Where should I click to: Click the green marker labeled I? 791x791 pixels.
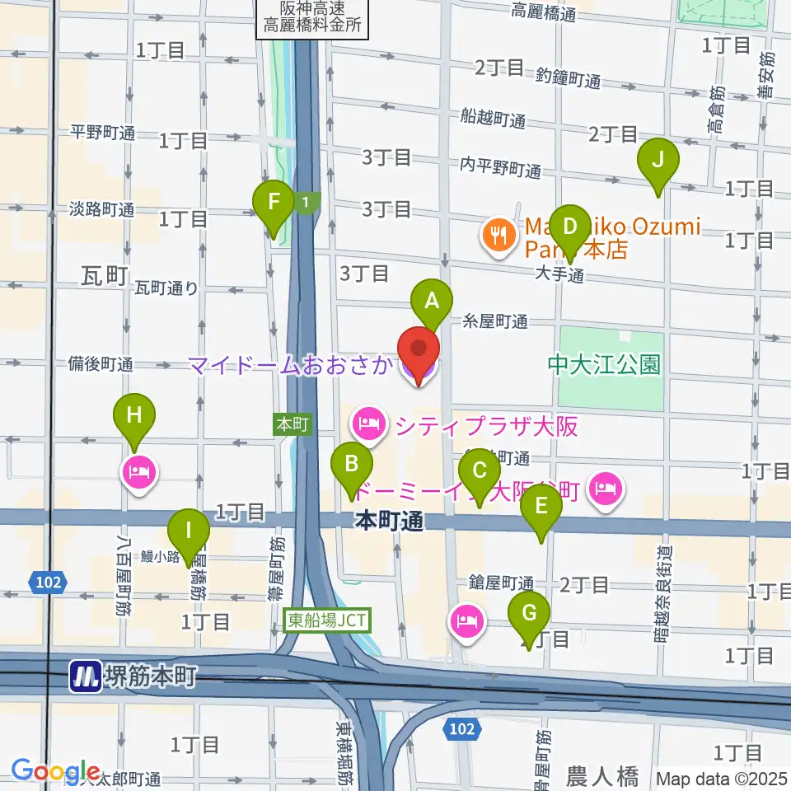pyautogui.click(x=189, y=536)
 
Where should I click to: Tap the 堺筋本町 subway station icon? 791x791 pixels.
pyautogui.click(x=85, y=677)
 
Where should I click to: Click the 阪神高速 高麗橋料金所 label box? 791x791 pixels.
pyautogui.click(x=312, y=17)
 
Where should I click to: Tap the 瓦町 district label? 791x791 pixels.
pyautogui.click(x=105, y=275)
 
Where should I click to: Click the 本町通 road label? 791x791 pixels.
pyautogui.click(x=390, y=521)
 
